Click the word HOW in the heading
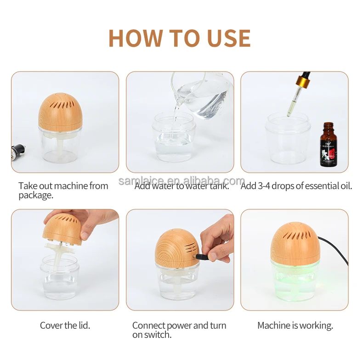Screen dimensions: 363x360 [x=135, y=38]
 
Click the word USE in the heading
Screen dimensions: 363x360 [x=229, y=38]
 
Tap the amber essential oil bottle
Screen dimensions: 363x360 [x=328, y=145]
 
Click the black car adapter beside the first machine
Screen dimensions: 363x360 [x=18, y=152]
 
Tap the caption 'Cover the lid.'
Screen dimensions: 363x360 [x=65, y=325]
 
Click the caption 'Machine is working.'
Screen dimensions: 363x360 [x=295, y=325]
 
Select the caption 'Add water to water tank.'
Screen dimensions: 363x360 [x=182, y=186]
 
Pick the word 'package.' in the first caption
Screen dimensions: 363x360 [x=36, y=196]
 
